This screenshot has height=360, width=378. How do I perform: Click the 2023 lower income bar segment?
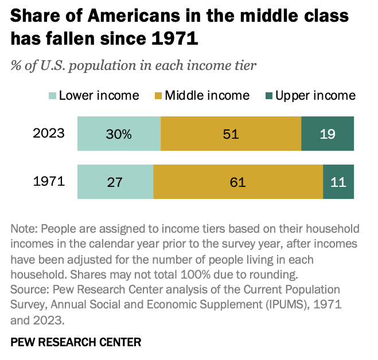point(119,134)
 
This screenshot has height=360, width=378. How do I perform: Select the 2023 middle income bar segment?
point(231,134)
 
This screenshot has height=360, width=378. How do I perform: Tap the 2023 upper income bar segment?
point(328,134)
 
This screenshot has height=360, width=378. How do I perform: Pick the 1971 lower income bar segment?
point(115,182)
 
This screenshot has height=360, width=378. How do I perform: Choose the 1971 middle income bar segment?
point(238,182)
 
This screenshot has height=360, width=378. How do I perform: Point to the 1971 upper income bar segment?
point(338,182)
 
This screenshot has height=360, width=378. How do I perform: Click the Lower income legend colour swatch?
point(51,96)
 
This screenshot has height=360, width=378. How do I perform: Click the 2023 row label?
point(49,134)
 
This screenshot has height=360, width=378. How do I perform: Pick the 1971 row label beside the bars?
point(49,182)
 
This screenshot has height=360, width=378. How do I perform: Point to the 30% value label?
point(119,134)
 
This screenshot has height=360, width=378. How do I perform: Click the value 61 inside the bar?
point(238,182)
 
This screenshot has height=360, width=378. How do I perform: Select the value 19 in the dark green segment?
point(328,134)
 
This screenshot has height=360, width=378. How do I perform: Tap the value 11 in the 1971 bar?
point(338,182)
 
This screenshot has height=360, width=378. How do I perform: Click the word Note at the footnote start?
point(23,229)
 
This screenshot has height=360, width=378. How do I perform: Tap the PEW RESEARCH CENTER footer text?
point(76,342)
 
